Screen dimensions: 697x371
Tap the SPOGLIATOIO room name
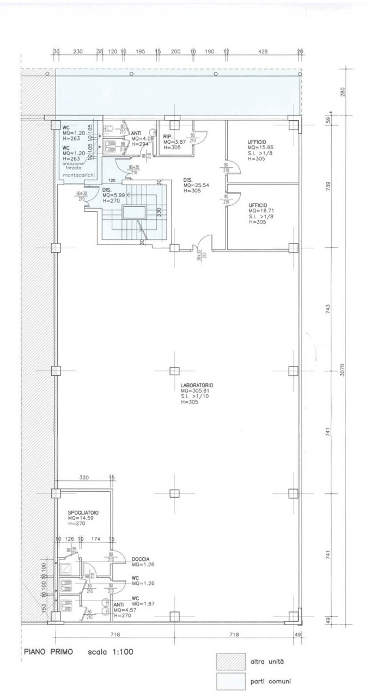pyautogui.click(x=83, y=513)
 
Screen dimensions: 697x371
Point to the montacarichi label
pyautogui.click(x=80, y=174)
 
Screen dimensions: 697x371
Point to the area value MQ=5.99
pyautogui.click(x=114, y=195)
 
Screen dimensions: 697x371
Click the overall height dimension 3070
pyautogui.click(x=342, y=371)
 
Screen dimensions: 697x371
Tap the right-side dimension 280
pyautogui.click(x=342, y=92)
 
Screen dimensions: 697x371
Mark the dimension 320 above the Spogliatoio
pyautogui.click(x=83, y=478)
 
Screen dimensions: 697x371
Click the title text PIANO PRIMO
pyautogui.click(x=48, y=651)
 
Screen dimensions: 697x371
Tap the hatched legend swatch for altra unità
pyautogui.click(x=229, y=662)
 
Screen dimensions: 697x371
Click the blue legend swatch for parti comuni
pyautogui.click(x=229, y=681)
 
